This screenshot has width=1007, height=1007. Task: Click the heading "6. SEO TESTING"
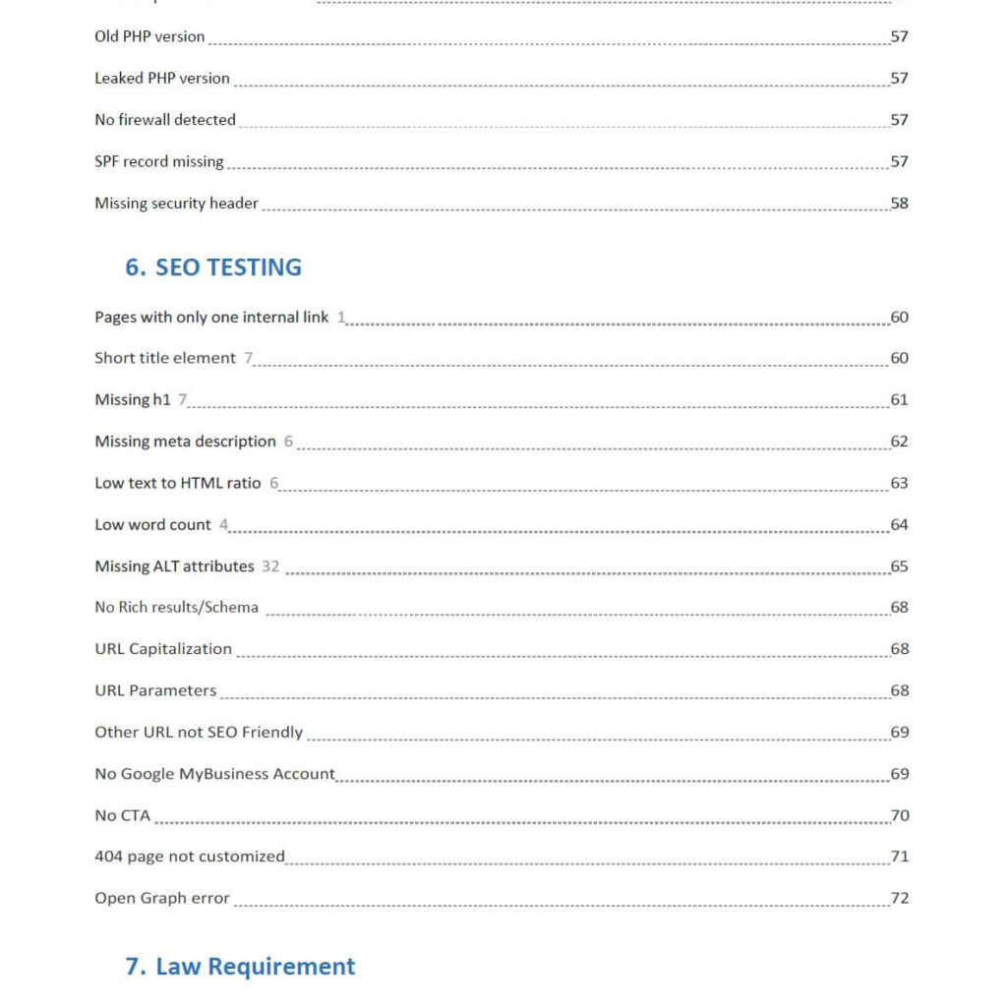pyautogui.click(x=213, y=267)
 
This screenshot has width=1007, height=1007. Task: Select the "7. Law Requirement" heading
pyautogui.click(x=240, y=967)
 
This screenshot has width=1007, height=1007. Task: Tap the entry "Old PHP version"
pyautogui.click(x=149, y=36)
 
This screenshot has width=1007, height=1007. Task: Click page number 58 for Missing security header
pyautogui.click(x=899, y=204)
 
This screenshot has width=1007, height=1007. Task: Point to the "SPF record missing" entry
pyautogui.click(x=158, y=161)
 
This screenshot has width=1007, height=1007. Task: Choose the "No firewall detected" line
pyautogui.click(x=165, y=120)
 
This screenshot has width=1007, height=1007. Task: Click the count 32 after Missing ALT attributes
pyautogui.click(x=270, y=566)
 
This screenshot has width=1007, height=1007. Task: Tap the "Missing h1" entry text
pyautogui.click(x=133, y=399)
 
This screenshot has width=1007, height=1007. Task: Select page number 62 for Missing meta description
pyautogui.click(x=899, y=442)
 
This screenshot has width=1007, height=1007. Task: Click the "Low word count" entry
pyautogui.click(x=152, y=525)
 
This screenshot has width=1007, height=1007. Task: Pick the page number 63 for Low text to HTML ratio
pyautogui.click(x=899, y=483)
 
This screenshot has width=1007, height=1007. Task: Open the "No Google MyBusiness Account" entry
pyautogui.click(x=214, y=774)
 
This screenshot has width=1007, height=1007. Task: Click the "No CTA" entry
pyautogui.click(x=122, y=815)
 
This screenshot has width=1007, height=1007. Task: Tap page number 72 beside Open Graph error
pyautogui.click(x=899, y=898)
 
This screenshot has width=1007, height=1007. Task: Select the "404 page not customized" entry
pyautogui.click(x=189, y=857)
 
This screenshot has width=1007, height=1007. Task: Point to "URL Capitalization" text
pyautogui.click(x=163, y=649)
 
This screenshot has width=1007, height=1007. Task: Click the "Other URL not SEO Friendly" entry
pyautogui.click(x=199, y=733)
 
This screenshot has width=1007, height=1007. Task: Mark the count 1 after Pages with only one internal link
pyautogui.click(x=341, y=317)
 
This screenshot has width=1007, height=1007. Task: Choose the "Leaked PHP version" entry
pyautogui.click(x=161, y=79)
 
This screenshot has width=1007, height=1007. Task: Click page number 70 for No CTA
pyautogui.click(x=899, y=815)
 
